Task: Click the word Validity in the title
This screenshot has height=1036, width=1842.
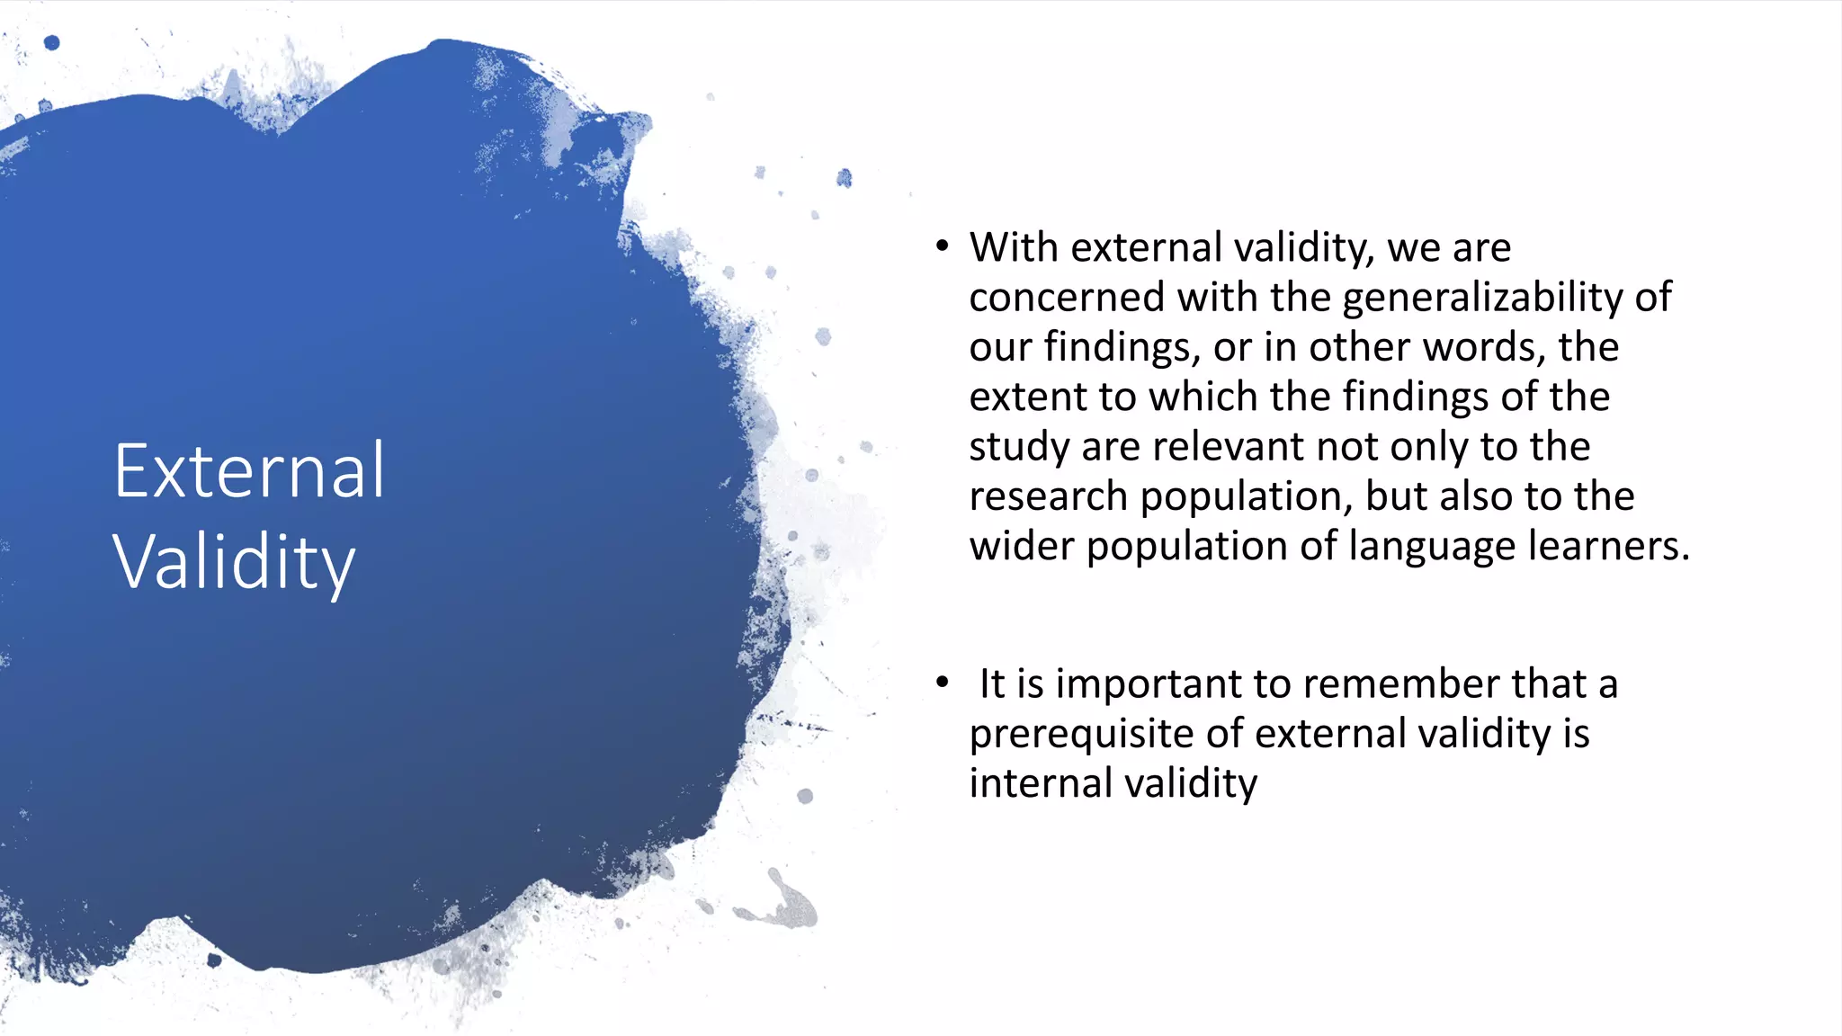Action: [234, 562]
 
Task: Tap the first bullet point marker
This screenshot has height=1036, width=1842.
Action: [942, 246]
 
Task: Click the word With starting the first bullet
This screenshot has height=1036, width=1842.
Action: [1014, 247]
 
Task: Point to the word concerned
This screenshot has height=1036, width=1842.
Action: [1067, 298]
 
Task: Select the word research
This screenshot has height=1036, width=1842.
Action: [1048, 496]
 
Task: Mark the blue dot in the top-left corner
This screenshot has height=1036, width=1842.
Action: [52, 42]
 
